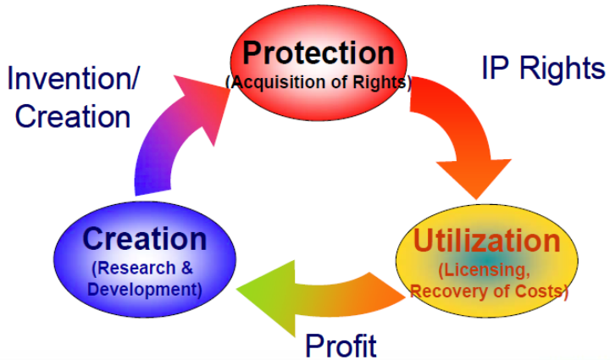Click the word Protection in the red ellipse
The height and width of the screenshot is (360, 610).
[x=318, y=53]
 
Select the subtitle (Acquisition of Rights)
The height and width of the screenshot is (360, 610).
[x=319, y=82]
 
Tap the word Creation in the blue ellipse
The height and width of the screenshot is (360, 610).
[x=144, y=239]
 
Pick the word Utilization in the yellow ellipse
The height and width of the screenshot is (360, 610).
[x=486, y=241]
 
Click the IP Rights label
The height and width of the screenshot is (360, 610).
[x=543, y=69]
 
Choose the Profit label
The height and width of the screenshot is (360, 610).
[x=341, y=345]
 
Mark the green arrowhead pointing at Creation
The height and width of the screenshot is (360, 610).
[x=258, y=292]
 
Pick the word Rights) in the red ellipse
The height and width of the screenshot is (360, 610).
[x=386, y=82]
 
